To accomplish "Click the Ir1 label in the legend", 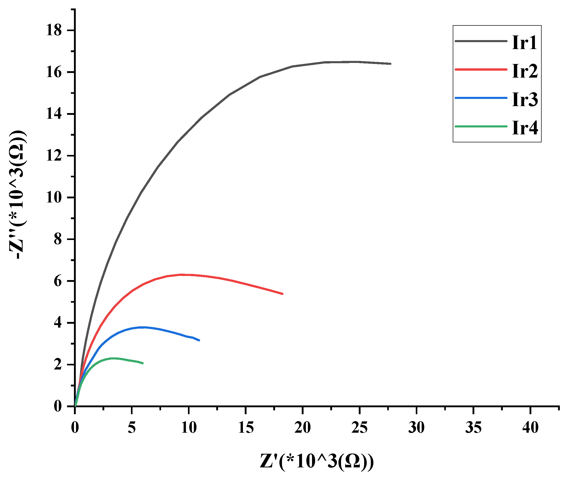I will tap(524, 43).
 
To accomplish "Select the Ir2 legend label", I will tap(525, 71).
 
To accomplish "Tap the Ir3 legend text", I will tap(525, 99).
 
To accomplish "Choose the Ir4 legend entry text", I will tap(525, 128).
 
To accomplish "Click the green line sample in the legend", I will tap(481, 126).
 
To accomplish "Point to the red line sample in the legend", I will tap(481, 70).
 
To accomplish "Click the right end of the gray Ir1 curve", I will tap(391, 64).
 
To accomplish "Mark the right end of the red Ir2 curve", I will tap(282, 294).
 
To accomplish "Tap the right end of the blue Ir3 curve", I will tap(199, 340).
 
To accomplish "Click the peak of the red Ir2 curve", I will tap(183, 275).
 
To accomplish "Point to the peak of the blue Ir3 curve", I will tap(142, 327).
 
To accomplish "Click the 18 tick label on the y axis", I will tap(54, 30).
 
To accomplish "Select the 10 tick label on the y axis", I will tap(54, 197).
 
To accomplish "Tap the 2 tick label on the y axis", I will tap(58, 365).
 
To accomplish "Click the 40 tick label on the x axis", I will tap(530, 427).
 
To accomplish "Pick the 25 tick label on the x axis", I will tap(360, 427).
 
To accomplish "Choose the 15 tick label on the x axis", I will tap(246, 427).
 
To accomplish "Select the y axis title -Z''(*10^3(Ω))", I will tap(18, 194).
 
